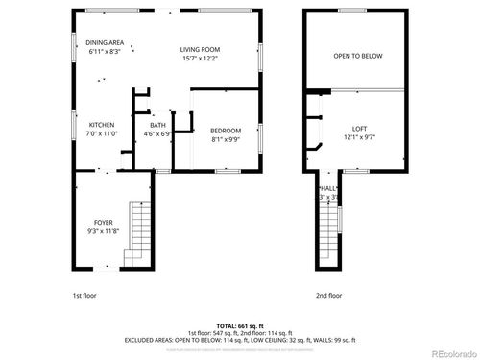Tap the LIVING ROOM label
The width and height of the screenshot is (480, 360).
[x=201, y=49]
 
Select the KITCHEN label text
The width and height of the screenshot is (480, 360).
[x=103, y=125]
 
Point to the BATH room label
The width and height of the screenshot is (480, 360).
[x=156, y=125]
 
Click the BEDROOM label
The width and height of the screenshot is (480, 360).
[x=226, y=131]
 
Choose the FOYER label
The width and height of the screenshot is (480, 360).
[x=103, y=222]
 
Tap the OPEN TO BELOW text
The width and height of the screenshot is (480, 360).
[x=357, y=56]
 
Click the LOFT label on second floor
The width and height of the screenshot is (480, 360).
[x=359, y=128]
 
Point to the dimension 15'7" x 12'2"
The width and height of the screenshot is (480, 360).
[x=201, y=59]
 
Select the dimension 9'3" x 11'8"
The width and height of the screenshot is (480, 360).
[x=103, y=231]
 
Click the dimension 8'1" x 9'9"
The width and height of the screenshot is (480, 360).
[x=226, y=140]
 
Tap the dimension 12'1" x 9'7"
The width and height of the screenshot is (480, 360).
[x=359, y=137]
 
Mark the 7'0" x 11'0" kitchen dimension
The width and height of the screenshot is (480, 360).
[x=103, y=134]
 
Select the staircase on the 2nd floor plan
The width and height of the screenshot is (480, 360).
[x=328, y=240]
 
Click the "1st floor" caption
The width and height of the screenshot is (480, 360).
[x=84, y=296]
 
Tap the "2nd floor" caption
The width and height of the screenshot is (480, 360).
[x=328, y=296]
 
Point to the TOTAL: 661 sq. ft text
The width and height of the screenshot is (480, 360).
[x=240, y=324]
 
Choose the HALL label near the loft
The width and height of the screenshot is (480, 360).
[x=328, y=188]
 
